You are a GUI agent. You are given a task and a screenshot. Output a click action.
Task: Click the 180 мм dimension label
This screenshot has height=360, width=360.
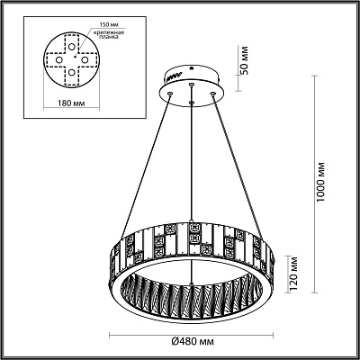(71, 103)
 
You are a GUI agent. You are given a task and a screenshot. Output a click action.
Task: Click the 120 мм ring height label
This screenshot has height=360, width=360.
(293, 273)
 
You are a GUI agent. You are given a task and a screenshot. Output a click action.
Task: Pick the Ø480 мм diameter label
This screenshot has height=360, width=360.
(193, 341)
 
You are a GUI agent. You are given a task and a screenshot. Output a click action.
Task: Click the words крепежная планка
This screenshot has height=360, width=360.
(107, 35)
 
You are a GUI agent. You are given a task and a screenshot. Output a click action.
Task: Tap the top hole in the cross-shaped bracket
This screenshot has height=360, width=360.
(71, 47)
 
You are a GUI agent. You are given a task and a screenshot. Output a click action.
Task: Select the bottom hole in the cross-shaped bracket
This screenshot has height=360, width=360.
(71, 72)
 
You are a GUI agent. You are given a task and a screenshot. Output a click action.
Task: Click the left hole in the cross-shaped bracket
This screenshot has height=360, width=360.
(59, 60)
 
